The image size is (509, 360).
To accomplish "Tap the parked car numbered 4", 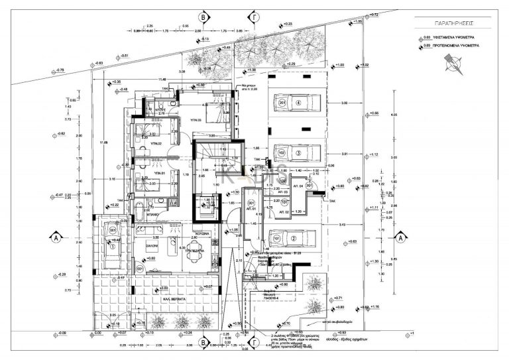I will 296,103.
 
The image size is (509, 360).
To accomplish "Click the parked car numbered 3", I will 296,152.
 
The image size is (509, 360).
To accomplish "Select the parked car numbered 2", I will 296,237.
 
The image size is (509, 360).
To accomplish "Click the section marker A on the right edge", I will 400,237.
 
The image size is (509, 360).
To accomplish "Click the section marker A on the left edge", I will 58,237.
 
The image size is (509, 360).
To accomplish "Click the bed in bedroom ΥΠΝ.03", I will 213,114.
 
